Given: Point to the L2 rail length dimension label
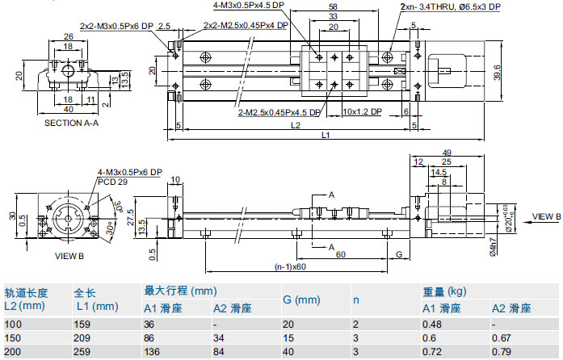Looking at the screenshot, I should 296,126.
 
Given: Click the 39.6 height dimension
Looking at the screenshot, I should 497,72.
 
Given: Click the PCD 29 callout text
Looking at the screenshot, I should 114,182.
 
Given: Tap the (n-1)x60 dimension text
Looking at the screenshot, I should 290,266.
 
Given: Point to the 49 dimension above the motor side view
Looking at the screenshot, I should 447,153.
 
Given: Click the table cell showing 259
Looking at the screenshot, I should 83,352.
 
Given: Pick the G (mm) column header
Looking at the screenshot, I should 302,299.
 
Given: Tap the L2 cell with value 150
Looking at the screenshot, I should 14,338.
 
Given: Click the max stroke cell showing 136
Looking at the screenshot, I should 153,352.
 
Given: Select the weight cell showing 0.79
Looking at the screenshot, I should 502,352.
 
